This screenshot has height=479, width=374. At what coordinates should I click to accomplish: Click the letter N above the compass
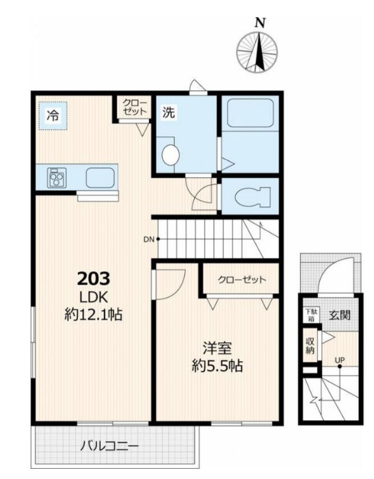(x=260, y=23)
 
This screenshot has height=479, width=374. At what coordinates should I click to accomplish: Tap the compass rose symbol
(x=257, y=53)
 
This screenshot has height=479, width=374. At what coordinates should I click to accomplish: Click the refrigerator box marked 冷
(x=53, y=116)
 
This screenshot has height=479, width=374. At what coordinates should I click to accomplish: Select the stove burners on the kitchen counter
(x=57, y=177)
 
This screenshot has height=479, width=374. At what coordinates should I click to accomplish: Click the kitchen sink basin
(x=100, y=178)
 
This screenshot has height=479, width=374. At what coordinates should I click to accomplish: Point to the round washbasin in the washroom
(x=170, y=155)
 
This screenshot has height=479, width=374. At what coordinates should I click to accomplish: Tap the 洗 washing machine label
(x=169, y=112)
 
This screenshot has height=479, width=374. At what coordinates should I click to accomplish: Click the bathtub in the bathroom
(x=250, y=113)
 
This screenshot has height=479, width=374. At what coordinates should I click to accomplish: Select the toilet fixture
(x=253, y=196)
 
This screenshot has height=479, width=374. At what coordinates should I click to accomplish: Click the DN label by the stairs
(x=149, y=239)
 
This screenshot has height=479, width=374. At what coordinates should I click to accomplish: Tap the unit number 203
(x=94, y=279)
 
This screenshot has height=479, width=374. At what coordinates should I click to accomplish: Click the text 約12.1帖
(x=94, y=313)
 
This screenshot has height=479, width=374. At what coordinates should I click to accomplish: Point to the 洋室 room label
(x=217, y=348)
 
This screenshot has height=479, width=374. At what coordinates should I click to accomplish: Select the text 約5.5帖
(x=217, y=365)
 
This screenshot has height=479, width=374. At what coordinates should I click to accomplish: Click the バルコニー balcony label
(x=109, y=446)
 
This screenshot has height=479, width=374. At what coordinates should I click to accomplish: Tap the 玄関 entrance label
(x=340, y=315)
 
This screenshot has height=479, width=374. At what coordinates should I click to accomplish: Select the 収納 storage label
(x=310, y=346)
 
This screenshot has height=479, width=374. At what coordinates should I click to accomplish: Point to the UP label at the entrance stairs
(x=340, y=361)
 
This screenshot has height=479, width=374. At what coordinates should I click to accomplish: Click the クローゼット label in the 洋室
(x=242, y=279)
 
